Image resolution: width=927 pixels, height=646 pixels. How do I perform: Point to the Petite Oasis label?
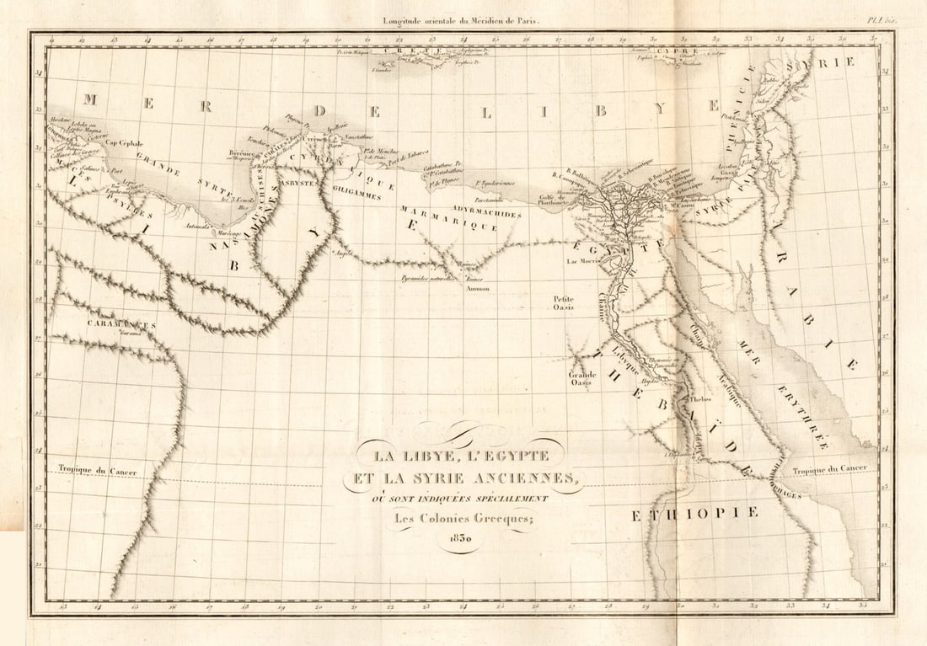pyautogui.click(x=563, y=302)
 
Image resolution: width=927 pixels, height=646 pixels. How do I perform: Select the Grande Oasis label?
pyautogui.click(x=582, y=378)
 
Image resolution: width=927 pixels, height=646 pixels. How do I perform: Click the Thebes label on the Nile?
pyautogui.click(x=701, y=399)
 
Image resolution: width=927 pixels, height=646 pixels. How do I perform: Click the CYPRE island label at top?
pyautogui.click(x=666, y=50)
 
